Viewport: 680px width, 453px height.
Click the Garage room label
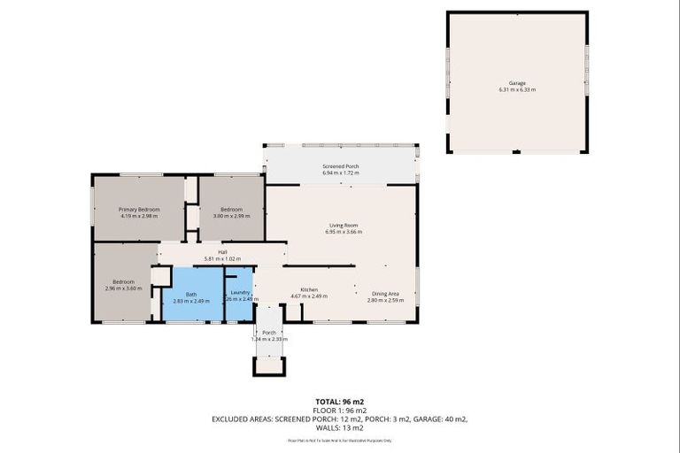coord(517,83)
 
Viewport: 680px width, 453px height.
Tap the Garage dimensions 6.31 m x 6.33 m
coord(517,90)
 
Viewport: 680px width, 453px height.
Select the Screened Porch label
coord(340,165)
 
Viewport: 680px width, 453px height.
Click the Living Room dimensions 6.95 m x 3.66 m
coord(343,232)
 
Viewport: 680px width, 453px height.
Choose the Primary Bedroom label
coord(139,209)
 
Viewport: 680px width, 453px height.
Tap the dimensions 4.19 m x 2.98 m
coord(139,216)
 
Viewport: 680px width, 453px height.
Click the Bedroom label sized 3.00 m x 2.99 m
coord(231,209)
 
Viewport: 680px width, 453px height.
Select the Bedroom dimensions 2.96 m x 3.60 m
coord(123,288)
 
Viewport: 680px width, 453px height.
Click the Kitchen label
coord(309,289)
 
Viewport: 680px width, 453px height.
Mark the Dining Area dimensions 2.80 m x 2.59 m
coord(385,300)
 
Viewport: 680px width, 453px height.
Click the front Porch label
coord(268,333)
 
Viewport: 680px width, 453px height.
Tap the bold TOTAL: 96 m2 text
coord(340,401)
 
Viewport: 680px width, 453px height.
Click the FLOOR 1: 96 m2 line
coord(340,410)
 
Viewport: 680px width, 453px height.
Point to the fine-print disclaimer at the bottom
coord(340,440)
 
